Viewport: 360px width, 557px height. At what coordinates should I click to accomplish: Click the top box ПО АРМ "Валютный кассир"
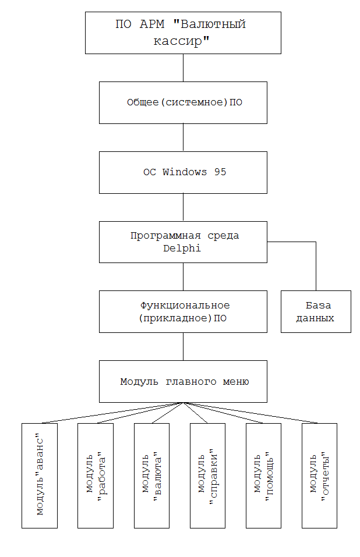[x=183, y=33]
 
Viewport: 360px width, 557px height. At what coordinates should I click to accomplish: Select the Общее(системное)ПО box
[x=183, y=102]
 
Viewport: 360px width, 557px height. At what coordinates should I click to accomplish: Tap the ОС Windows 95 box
[x=183, y=172]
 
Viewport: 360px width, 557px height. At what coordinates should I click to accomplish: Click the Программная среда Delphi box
[x=183, y=242]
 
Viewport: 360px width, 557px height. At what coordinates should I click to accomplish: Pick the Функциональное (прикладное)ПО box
[x=183, y=311]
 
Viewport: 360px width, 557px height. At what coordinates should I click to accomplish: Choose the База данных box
[x=316, y=311]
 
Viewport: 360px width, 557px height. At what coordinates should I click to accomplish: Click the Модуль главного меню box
[x=183, y=381]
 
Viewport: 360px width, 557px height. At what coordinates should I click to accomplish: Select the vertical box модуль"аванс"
[x=40, y=475]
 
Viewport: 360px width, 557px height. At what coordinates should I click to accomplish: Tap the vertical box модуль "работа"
[x=96, y=475]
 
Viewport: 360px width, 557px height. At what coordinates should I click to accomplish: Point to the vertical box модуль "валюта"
[x=151, y=475]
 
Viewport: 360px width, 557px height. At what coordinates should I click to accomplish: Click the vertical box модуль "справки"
[x=207, y=475]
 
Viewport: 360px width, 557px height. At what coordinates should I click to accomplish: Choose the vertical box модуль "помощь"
[x=263, y=475]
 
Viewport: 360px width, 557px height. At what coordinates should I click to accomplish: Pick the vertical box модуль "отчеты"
[x=319, y=475]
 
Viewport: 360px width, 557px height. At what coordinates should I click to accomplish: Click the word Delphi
[x=183, y=248]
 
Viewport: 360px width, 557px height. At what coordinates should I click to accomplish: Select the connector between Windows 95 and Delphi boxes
[x=183, y=207]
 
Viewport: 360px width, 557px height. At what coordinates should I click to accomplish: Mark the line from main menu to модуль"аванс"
[x=111, y=412]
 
